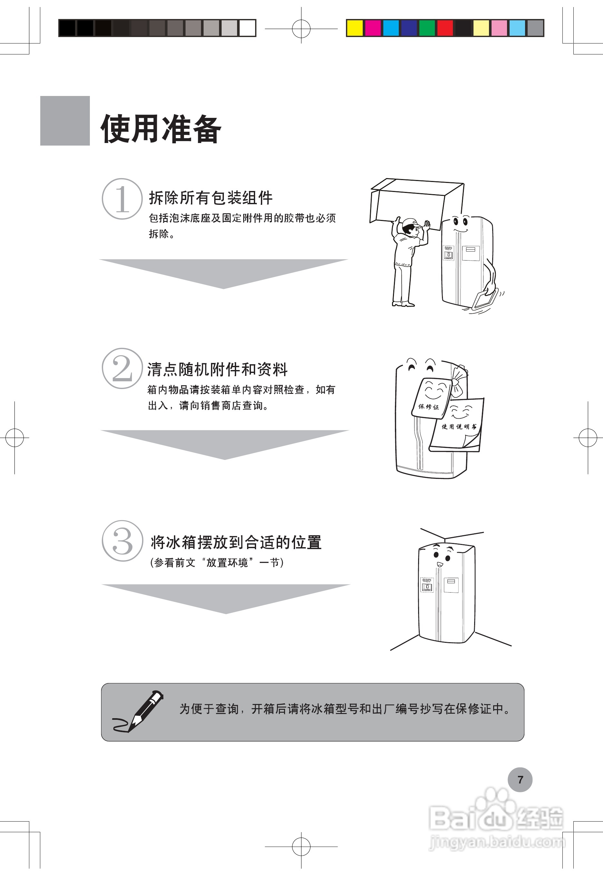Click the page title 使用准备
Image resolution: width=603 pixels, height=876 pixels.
coord(161,129)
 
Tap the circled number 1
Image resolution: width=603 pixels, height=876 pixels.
coord(122,199)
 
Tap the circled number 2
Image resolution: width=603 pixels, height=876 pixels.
coord(122,368)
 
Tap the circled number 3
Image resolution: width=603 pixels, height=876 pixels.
coord(122,541)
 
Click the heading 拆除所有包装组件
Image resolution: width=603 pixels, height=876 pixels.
coord(210,197)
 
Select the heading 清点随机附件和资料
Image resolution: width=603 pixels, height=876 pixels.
coord(217,369)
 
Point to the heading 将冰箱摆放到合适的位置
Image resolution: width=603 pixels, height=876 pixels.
coord(236,542)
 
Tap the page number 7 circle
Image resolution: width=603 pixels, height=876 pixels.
coord(520,780)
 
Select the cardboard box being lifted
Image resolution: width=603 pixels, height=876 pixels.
coord(416,204)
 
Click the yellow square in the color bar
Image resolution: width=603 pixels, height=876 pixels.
coord(355,28)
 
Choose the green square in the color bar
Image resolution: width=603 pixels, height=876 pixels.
coord(427,28)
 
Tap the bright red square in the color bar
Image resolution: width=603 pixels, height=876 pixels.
coord(445,28)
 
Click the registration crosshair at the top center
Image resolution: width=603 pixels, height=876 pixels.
coord(301,28)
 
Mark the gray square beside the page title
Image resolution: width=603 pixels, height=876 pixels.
coord(65,120)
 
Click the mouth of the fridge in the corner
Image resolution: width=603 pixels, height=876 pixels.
coord(440,564)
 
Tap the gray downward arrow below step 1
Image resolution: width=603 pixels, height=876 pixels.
coord(223,272)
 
